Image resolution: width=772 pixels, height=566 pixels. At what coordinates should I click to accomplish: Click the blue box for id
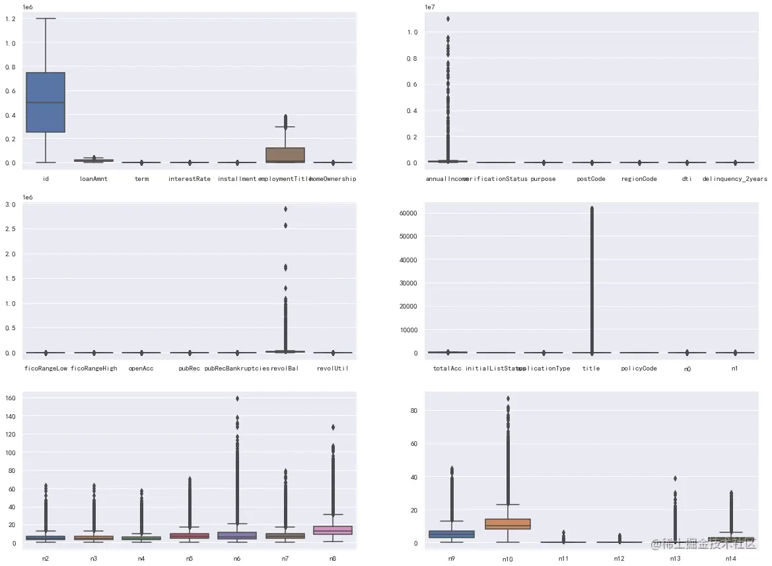coord(45,102)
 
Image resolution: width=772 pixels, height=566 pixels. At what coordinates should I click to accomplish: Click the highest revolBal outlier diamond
coord(285,209)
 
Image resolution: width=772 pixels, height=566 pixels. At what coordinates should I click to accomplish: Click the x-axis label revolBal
coord(285,368)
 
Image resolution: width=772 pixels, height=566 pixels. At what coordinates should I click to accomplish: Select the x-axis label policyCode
coord(639,368)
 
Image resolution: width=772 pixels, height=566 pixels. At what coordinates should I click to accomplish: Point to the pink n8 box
coord(333,530)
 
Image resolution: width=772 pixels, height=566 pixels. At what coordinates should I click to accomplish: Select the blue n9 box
coord(461,534)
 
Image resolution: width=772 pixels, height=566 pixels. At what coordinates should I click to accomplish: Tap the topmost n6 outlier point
coord(237,398)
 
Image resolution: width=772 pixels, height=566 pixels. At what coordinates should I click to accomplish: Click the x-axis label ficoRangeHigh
coord(94,368)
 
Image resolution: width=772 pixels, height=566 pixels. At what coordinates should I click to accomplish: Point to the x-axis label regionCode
coord(639,179)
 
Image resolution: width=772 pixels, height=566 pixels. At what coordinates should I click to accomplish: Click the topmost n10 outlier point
coord(508,398)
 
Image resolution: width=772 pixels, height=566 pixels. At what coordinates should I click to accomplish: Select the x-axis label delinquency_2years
coord(734,179)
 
